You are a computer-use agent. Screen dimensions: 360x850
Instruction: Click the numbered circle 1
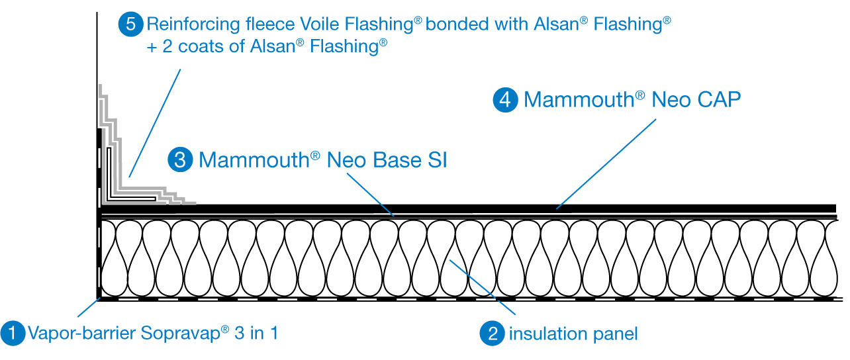point(13,333)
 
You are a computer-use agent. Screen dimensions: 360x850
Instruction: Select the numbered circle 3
point(179,160)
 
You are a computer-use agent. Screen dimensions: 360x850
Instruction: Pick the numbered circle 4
point(505,100)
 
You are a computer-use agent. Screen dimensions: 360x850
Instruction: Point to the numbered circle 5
point(130,25)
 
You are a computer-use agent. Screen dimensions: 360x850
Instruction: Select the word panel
point(615,334)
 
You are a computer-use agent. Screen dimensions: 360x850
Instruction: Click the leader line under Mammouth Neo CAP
point(606,164)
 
